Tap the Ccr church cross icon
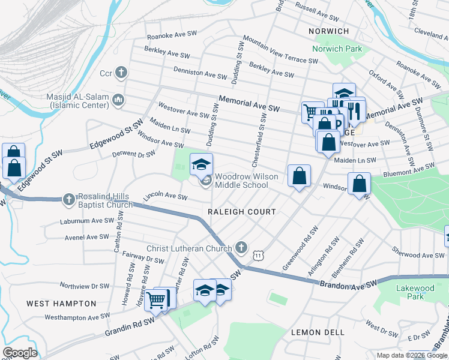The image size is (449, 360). pyautogui.click(x=121, y=73)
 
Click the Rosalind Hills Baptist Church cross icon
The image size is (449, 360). pyautogui.click(x=70, y=199)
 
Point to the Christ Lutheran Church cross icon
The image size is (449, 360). pyautogui.click(x=241, y=247)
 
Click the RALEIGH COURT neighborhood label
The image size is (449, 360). pyautogui.click(x=241, y=212)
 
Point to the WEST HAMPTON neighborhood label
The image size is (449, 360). pyautogui.click(x=61, y=304)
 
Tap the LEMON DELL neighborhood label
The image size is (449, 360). pyautogui.click(x=318, y=332)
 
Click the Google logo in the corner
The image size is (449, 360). pyautogui.click(x=20, y=353)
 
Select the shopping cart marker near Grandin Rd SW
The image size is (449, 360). pyautogui.click(x=157, y=299)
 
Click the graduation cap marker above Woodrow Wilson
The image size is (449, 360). pyautogui.click(x=202, y=163)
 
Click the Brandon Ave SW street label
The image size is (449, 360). pyautogui.click(x=348, y=283)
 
